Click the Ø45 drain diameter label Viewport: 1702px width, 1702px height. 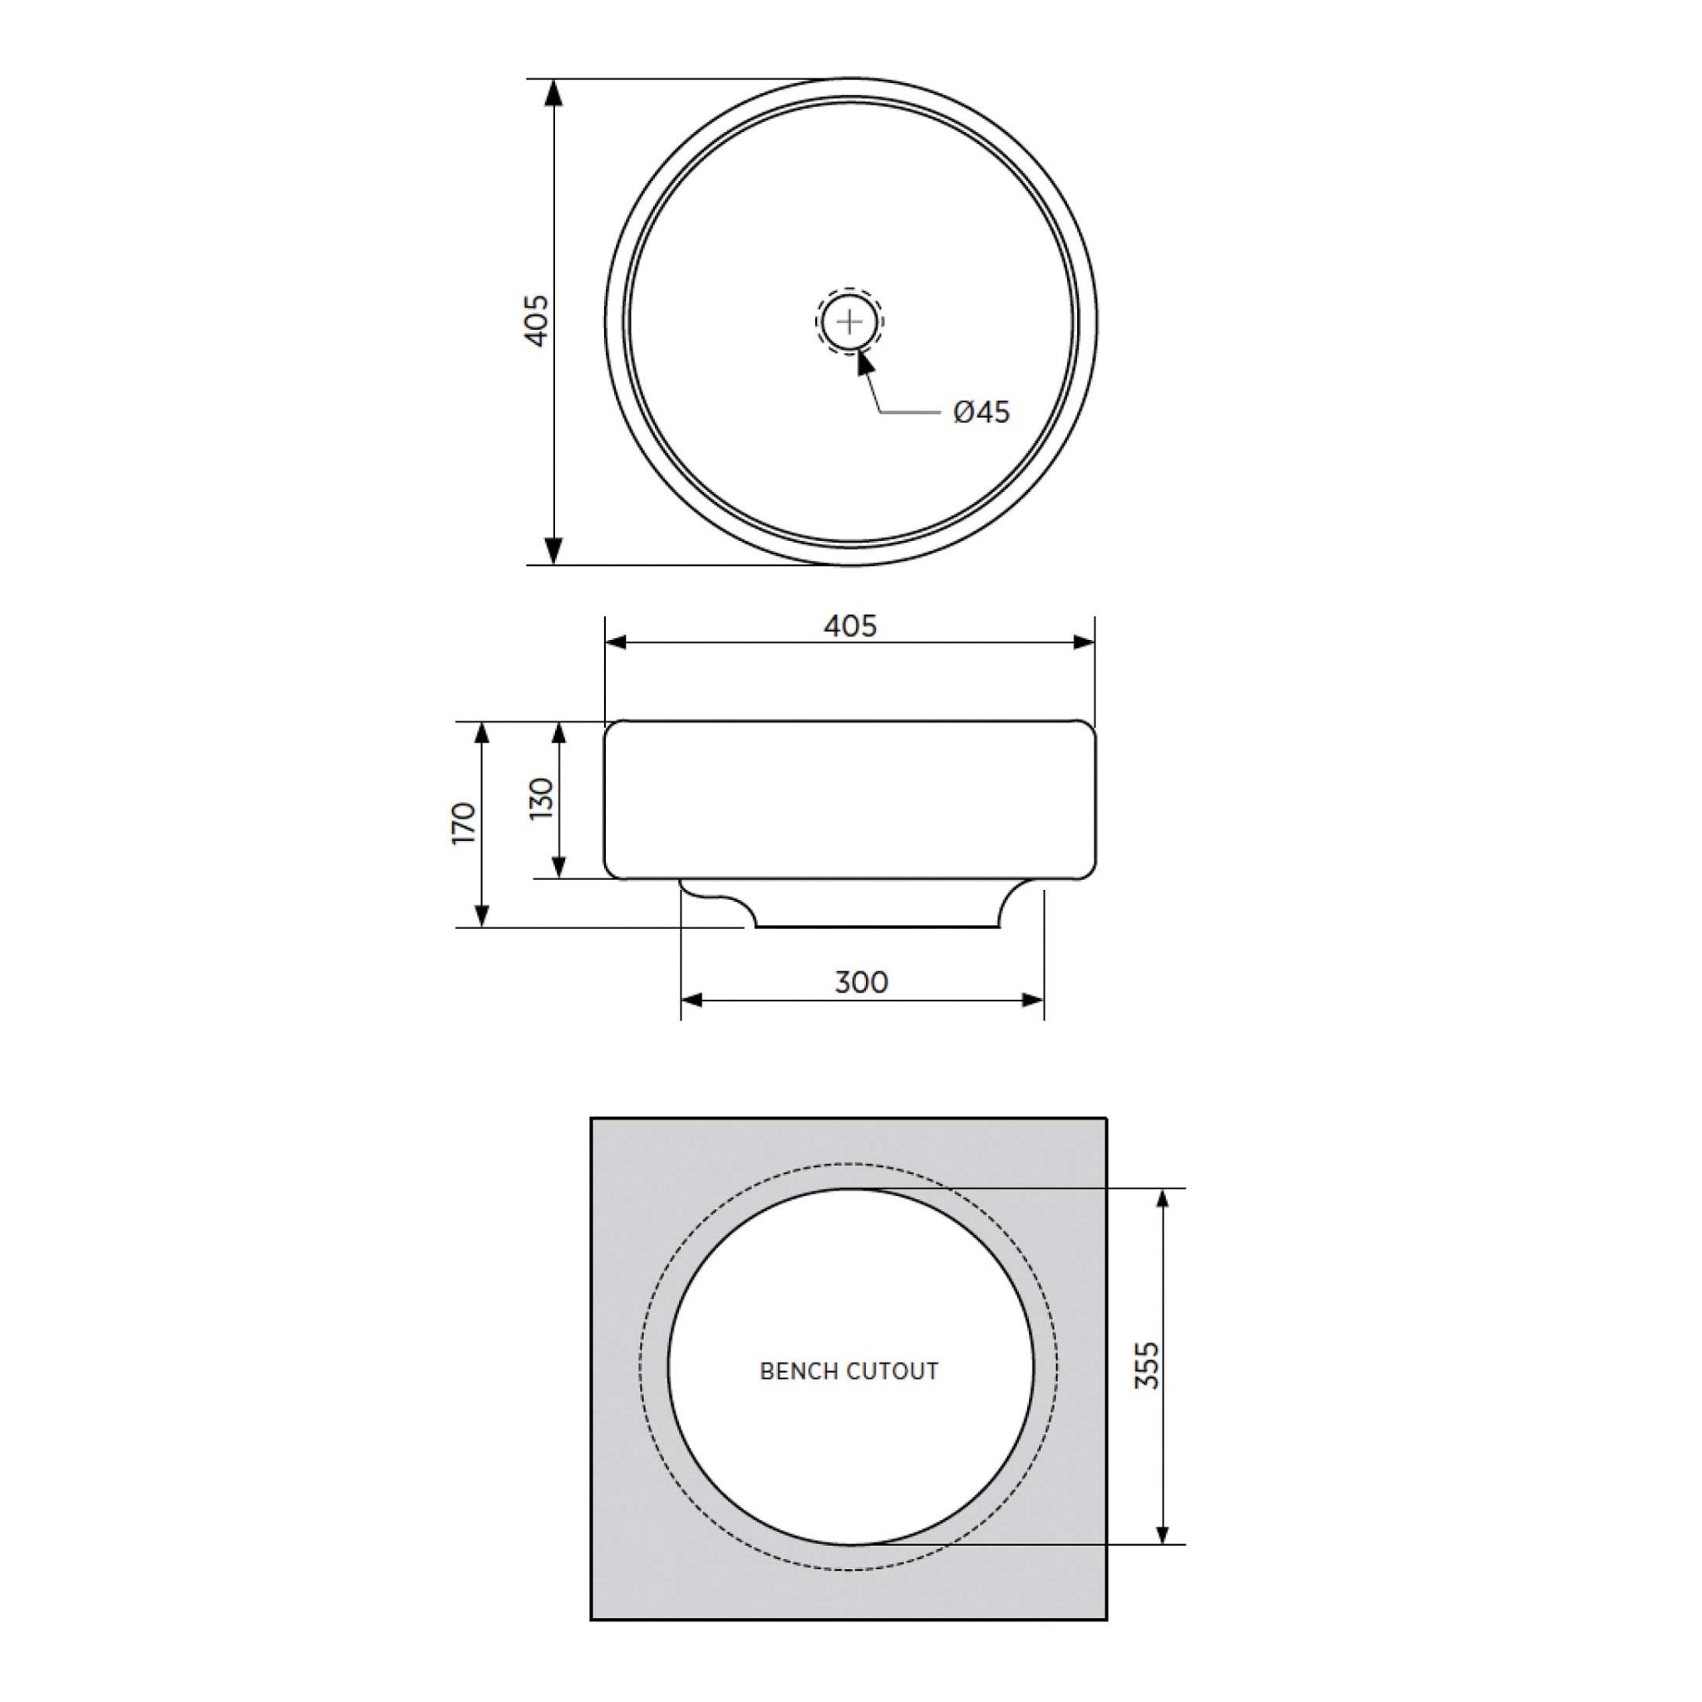(x=981, y=412)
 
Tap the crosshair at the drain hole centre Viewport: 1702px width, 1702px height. (x=849, y=322)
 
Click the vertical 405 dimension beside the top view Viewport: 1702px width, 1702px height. (x=537, y=321)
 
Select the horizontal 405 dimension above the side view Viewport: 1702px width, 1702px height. (x=850, y=626)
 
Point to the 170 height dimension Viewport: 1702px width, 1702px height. (x=464, y=824)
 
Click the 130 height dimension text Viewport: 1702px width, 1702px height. (x=542, y=798)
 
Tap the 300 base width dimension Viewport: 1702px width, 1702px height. (x=861, y=982)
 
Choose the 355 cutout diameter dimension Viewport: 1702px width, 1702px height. (x=1146, y=1365)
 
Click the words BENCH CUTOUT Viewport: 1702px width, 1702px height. (x=849, y=1371)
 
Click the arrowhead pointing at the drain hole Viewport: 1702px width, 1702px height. (x=865, y=362)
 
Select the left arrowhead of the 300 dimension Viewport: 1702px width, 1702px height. (x=693, y=1000)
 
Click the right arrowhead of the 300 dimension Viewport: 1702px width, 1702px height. (x=1031, y=1000)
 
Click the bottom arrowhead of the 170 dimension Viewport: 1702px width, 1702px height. (x=482, y=915)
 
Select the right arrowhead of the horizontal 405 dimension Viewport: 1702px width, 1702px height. (x=1083, y=642)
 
